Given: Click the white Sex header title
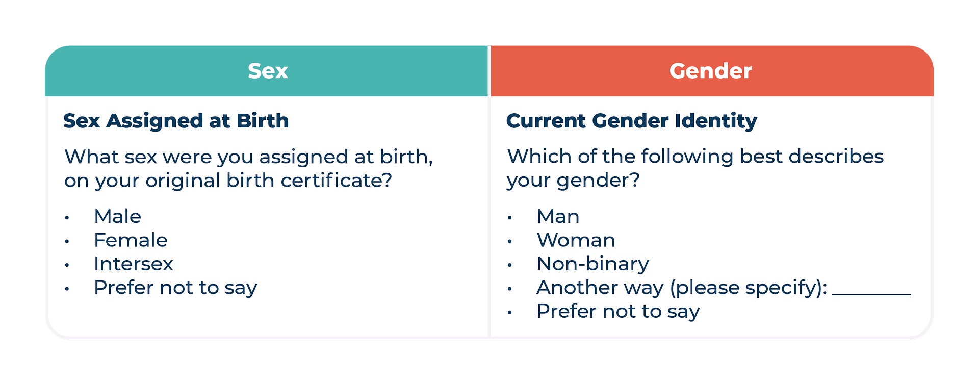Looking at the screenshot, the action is tap(268, 71).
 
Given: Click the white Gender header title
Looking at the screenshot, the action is tap(710, 71).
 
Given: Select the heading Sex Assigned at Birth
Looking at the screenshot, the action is tap(176, 121).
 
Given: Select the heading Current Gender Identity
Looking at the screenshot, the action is tap(632, 121).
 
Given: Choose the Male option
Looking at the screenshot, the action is tap(117, 216).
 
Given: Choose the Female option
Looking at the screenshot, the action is tap(131, 240).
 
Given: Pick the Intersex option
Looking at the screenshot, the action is tap(134, 264).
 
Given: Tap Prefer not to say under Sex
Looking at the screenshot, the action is tap(175, 288).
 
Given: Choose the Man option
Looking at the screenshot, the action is tap(558, 216).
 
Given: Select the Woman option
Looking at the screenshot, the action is tap(576, 240).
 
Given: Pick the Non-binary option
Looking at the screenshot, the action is tap(593, 264).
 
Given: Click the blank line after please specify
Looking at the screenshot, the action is tap(871, 294).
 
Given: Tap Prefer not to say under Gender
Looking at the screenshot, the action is tap(618, 312).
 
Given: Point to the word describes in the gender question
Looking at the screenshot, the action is tap(836, 157).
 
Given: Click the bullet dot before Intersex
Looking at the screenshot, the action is tap(67, 265).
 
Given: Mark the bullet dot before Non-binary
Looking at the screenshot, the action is tap(509, 265).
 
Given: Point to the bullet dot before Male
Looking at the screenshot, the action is tap(67, 218).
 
